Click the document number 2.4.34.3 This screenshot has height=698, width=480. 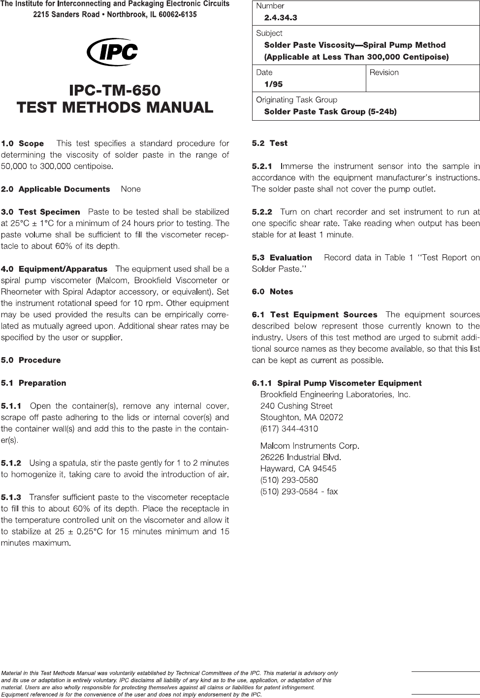click(x=281, y=18)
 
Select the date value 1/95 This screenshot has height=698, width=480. click(x=273, y=84)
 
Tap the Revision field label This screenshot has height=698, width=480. click(x=384, y=72)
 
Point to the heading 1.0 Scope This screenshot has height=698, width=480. click(x=23, y=144)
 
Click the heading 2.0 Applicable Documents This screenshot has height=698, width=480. click(x=56, y=189)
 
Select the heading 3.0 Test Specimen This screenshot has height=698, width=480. click(x=41, y=212)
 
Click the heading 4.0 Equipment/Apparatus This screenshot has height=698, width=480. click(x=54, y=269)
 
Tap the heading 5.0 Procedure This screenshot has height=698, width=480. click(x=31, y=360)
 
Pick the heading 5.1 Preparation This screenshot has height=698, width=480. click(x=33, y=383)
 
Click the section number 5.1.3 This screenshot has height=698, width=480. click(x=11, y=497)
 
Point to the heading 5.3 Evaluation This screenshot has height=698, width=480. click(x=282, y=258)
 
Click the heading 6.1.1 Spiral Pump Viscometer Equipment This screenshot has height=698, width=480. click(x=337, y=383)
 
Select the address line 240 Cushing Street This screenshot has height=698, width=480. click(x=296, y=406)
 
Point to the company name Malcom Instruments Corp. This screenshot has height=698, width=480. click(x=310, y=446)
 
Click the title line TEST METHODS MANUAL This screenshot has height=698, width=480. click(x=115, y=107)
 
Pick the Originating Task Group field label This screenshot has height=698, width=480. click(x=296, y=100)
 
